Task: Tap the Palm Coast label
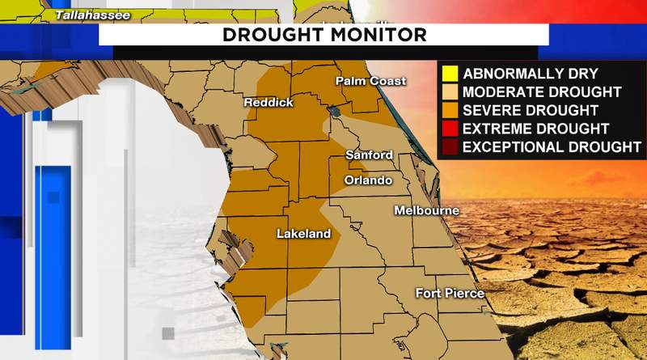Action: pyautogui.click(x=370, y=81)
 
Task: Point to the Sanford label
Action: pyautogui.click(x=369, y=155)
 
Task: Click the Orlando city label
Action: pyautogui.click(x=368, y=180)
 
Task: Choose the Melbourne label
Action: pyautogui.click(x=426, y=210)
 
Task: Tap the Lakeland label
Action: pyautogui.click(x=303, y=234)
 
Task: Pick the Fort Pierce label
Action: pyautogui.click(x=450, y=293)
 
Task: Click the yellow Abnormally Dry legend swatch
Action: pyautogui.click(x=450, y=74)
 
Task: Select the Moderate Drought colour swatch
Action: pyautogui.click(x=450, y=91)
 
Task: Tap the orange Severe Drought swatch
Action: pyautogui.click(x=450, y=110)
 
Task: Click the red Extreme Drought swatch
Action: pyautogui.click(x=450, y=129)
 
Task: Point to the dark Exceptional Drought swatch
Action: pyautogui.click(x=450, y=146)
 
